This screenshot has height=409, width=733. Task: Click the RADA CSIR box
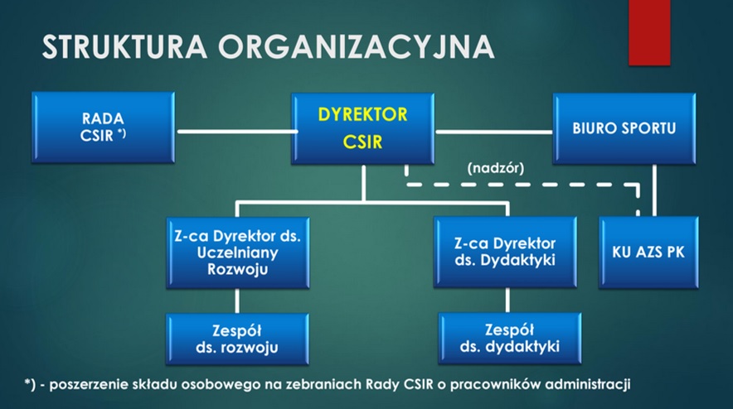tap(104, 128)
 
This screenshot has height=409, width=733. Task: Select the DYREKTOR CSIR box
tap(363, 128)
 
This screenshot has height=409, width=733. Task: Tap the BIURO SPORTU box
tap(624, 128)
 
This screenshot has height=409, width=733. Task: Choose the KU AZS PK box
tap(649, 252)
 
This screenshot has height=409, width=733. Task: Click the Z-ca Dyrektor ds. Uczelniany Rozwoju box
tap(238, 253)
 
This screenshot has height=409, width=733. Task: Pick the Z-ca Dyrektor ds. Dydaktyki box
tap(505, 253)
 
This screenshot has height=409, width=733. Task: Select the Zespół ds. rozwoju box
tap(238, 338)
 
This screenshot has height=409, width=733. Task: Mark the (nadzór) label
tap(495, 167)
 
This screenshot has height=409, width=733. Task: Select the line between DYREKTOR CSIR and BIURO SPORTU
tap(494, 131)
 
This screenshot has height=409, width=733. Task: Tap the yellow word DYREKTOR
tap(363, 114)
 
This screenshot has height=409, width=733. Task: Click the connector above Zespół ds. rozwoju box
tap(238, 301)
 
